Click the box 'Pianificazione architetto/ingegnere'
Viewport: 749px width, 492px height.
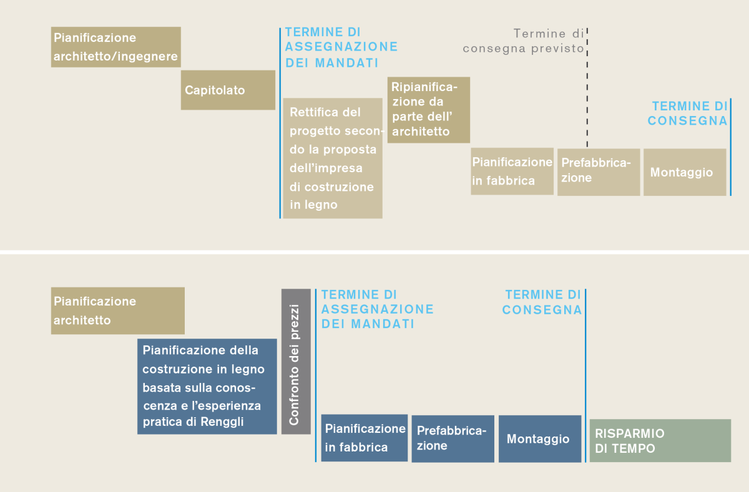click(x=115, y=47)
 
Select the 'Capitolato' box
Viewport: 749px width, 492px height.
click(x=228, y=90)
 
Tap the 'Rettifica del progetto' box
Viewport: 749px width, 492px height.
click(x=333, y=158)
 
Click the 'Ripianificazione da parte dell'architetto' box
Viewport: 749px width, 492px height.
click(x=428, y=110)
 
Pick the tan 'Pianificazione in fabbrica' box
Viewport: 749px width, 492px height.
click(x=512, y=171)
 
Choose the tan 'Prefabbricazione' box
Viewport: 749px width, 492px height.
click(x=598, y=171)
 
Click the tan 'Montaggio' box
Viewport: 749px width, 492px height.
click(x=685, y=172)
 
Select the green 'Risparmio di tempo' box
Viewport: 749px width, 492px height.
click(x=660, y=440)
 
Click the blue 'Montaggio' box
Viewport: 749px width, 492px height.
click(x=539, y=438)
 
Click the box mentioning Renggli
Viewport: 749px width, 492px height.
click(x=207, y=386)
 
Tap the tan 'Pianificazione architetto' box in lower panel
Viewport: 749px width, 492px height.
click(x=117, y=311)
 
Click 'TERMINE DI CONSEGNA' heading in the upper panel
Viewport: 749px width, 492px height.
click(x=688, y=113)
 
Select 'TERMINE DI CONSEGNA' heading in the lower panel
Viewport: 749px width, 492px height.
click(x=542, y=302)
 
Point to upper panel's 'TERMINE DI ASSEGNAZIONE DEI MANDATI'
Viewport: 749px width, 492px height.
click(x=341, y=47)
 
